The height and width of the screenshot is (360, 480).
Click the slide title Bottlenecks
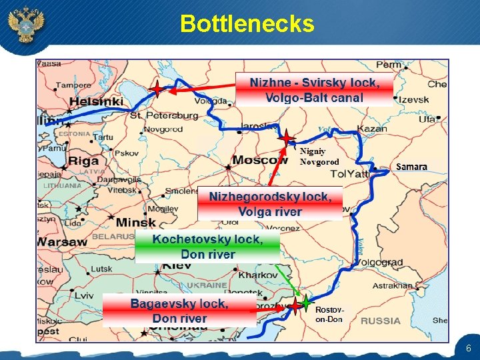pyautogui.click(x=247, y=24)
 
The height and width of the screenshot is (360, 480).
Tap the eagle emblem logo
pyautogui.click(x=25, y=25)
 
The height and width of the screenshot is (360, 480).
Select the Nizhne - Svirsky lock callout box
pyautogui.click(x=314, y=90)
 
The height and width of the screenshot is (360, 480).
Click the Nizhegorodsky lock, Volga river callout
pyautogui.click(x=270, y=204)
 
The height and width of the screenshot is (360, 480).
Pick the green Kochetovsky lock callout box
pyautogui.click(x=207, y=247)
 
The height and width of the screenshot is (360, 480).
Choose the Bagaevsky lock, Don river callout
pyautogui.click(x=179, y=311)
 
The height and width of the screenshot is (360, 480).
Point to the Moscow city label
pyautogui.click(x=261, y=160)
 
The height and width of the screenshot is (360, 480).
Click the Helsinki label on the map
pyautogui.click(x=97, y=101)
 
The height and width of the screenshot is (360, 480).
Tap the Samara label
pyautogui.click(x=411, y=166)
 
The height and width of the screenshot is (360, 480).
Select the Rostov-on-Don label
pyautogui.click(x=329, y=315)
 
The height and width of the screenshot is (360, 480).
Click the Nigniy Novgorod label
pyautogui.click(x=319, y=157)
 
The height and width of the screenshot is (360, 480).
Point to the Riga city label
pyautogui.click(x=83, y=161)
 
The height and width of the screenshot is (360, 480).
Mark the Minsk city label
pyautogui.click(x=135, y=222)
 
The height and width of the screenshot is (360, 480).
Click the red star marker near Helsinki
pyautogui.click(x=155, y=89)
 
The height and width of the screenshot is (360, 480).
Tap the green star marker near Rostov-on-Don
pyautogui.click(x=305, y=301)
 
